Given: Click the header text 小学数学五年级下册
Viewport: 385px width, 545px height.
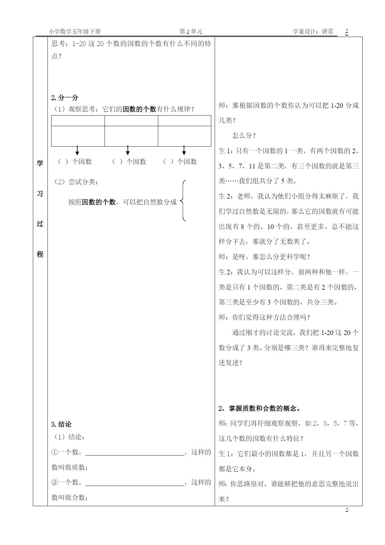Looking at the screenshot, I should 74,32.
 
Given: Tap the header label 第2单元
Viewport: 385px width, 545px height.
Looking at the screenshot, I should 191,32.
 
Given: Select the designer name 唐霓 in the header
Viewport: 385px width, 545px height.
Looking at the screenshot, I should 328,32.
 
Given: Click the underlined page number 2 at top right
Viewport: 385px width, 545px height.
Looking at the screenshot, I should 347,32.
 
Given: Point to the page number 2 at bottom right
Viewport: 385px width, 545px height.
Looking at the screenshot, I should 347,510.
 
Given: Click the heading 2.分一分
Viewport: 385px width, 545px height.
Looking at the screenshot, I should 65,98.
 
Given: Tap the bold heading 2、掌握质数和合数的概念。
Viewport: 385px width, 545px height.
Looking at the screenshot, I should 259,409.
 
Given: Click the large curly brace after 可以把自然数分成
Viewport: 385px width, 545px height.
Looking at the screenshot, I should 183,201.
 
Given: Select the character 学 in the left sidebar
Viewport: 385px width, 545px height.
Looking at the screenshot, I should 40,163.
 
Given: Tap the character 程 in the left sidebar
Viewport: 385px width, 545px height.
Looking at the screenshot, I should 40,254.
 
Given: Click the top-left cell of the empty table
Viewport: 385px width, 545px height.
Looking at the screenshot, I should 78,121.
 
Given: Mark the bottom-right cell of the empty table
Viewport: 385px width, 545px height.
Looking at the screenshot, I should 184,136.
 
